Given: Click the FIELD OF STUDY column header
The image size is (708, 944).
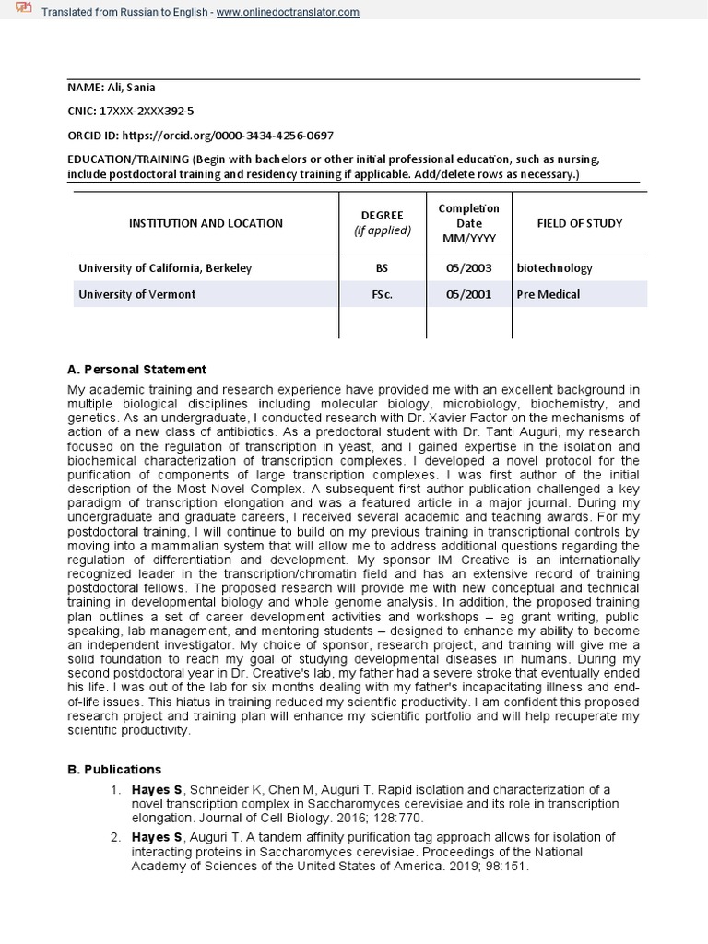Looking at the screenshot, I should (579, 223).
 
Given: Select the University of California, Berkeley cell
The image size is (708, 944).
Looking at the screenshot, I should (165, 268).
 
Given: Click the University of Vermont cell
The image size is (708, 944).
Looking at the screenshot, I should (136, 295).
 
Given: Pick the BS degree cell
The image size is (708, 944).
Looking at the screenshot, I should (383, 268).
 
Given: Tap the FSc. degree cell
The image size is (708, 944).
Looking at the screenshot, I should (383, 295).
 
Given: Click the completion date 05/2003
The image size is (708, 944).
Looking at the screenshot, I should (468, 268).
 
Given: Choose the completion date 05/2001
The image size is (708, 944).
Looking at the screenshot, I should (468, 295).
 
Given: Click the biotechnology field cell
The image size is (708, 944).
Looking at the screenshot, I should (555, 268).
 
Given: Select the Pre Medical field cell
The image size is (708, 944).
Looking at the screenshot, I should (549, 295).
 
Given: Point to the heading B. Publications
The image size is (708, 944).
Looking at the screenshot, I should (114, 769).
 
